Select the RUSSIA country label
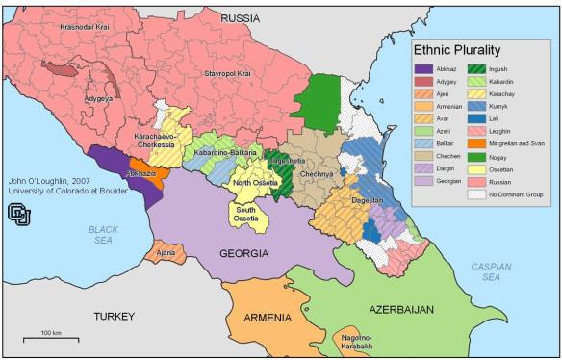(241, 18)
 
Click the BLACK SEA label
(102, 234)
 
